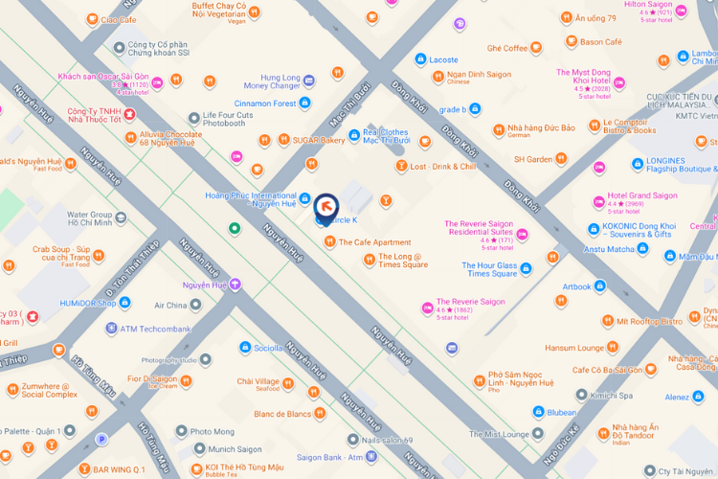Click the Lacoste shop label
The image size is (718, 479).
pyautogui.click(x=443, y=59)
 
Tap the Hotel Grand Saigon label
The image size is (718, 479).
pyautogui.click(x=641, y=195)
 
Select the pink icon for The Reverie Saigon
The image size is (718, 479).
pyautogui.click(x=427, y=308)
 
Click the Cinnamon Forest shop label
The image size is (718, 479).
pyautogui.click(x=265, y=103)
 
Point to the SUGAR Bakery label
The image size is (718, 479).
pyautogui.click(x=319, y=140)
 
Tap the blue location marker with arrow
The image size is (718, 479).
pyautogui.click(x=325, y=204)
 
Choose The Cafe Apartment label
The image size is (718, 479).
pyautogui.click(x=374, y=242)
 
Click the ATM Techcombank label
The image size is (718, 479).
pyautogui.click(x=155, y=329)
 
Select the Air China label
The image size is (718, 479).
pyautogui.click(x=169, y=305)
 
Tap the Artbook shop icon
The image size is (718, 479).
pyautogui.click(x=599, y=285)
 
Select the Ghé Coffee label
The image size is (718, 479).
pyautogui.click(x=507, y=48)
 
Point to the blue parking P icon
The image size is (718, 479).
pyautogui.click(x=101, y=440)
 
